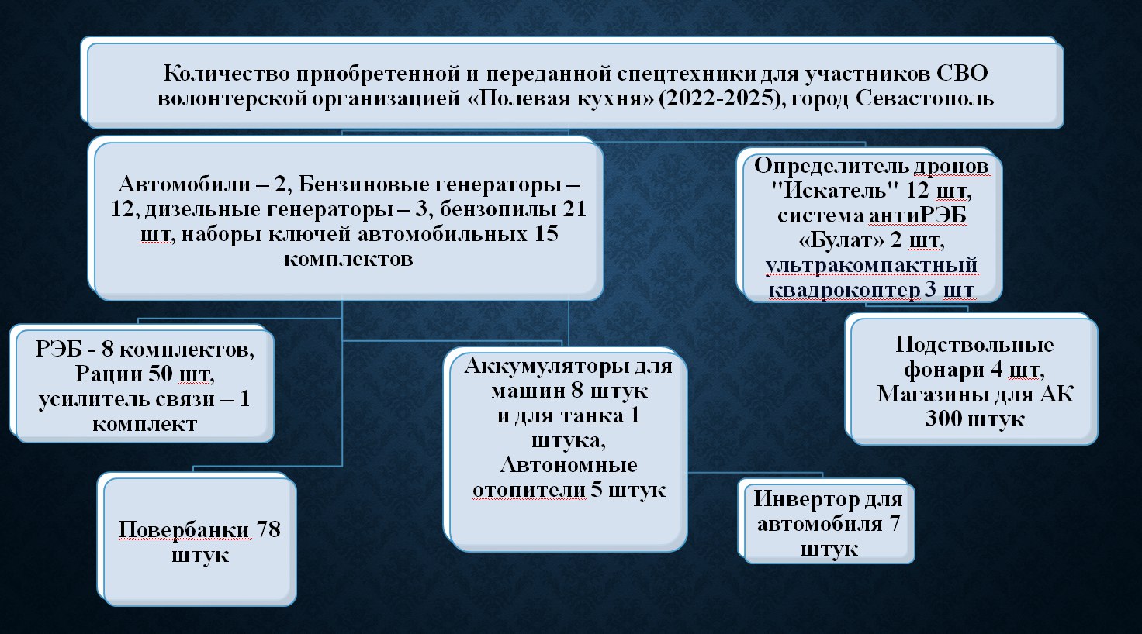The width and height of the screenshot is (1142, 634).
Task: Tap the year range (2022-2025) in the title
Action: tap(719, 98)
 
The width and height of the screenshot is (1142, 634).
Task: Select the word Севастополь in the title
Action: tap(925, 98)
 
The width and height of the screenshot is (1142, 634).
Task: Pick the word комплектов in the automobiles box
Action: tap(348, 259)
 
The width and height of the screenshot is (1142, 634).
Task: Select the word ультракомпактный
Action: tap(871, 265)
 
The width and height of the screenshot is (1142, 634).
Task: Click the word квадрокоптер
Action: tap(844, 291)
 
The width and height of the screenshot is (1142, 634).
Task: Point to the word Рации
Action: tap(109, 374)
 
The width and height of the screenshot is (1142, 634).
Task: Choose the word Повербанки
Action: tap(184, 530)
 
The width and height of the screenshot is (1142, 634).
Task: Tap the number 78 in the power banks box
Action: tap(268, 529)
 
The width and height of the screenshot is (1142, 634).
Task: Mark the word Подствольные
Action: tap(974, 345)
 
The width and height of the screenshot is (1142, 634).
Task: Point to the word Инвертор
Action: tap(806, 499)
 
